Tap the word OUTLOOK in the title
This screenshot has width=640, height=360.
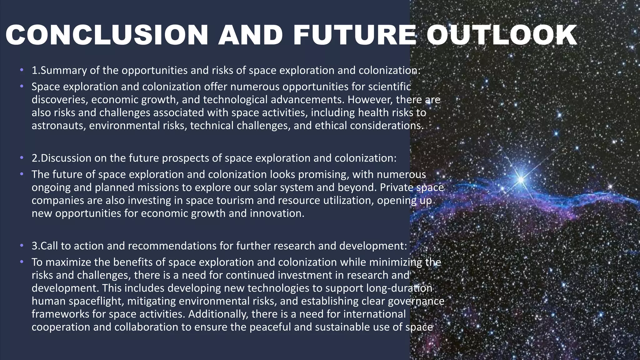pos(502,35)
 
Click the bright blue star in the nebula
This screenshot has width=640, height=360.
pos(521,179)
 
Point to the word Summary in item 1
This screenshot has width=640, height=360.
pos(64,71)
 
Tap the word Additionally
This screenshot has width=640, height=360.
pos(215,314)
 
